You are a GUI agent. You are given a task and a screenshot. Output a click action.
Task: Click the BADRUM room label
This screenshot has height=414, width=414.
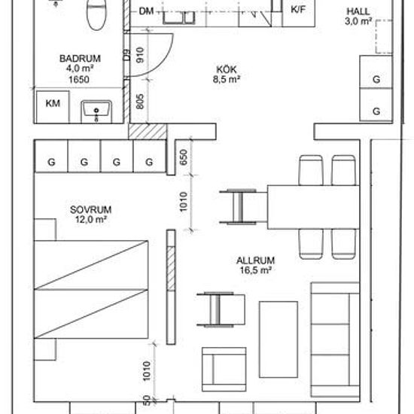[x=80, y=59]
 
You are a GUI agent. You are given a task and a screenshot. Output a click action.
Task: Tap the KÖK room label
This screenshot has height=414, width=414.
[x=227, y=70]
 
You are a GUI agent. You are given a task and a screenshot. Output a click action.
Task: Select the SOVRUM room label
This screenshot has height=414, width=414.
[x=91, y=210]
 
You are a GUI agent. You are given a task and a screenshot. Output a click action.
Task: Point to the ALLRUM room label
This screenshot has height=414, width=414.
[x=255, y=260]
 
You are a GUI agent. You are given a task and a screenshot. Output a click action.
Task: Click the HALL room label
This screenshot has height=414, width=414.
[x=358, y=11]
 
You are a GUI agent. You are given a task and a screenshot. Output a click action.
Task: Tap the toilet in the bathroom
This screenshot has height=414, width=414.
[x=96, y=14]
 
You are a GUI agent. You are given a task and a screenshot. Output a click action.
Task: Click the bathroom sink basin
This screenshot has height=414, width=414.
[x=96, y=111]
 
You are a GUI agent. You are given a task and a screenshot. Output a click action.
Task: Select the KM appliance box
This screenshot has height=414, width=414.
[x=53, y=107]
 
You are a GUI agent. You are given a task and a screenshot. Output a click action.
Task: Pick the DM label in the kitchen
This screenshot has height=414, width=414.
[x=146, y=11]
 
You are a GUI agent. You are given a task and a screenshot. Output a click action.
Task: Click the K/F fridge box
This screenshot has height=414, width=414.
[x=298, y=14]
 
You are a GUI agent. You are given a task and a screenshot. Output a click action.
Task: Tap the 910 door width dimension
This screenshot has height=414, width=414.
[x=140, y=55]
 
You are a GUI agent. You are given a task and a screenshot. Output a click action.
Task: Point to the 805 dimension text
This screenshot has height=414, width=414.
[x=140, y=102]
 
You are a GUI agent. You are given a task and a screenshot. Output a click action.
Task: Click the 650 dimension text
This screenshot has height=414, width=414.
[x=184, y=157]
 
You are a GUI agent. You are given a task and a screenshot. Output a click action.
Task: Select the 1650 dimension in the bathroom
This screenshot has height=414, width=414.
[x=79, y=80]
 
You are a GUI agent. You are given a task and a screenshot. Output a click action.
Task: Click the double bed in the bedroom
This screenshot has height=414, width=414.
[x=91, y=289]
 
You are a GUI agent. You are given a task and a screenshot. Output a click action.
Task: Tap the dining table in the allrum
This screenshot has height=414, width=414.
[x=314, y=207]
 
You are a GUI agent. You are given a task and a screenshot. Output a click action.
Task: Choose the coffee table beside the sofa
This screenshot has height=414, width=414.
[x=279, y=339]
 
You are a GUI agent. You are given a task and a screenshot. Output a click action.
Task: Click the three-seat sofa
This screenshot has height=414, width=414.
[x=335, y=339]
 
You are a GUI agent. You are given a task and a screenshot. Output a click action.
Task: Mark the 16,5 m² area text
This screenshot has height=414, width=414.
[x=256, y=270]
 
